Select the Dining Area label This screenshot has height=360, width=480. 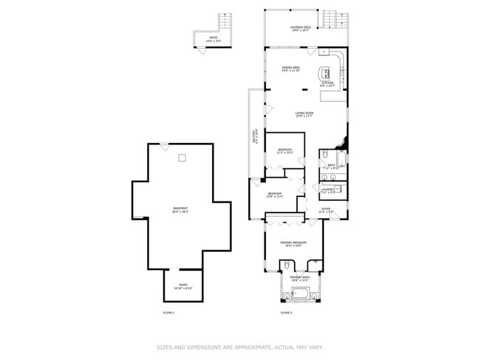(290, 69)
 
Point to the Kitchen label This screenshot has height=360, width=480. (327, 84)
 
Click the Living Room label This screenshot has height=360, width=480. (304, 114)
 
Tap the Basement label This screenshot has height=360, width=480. (179, 210)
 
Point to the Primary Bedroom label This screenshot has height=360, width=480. (292, 244)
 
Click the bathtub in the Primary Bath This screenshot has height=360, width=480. (300, 295)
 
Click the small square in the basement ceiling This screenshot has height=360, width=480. (181, 157)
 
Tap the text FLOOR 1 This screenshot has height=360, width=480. (168, 313)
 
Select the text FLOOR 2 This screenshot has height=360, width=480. (287, 313)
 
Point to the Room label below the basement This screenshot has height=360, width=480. (182, 287)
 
